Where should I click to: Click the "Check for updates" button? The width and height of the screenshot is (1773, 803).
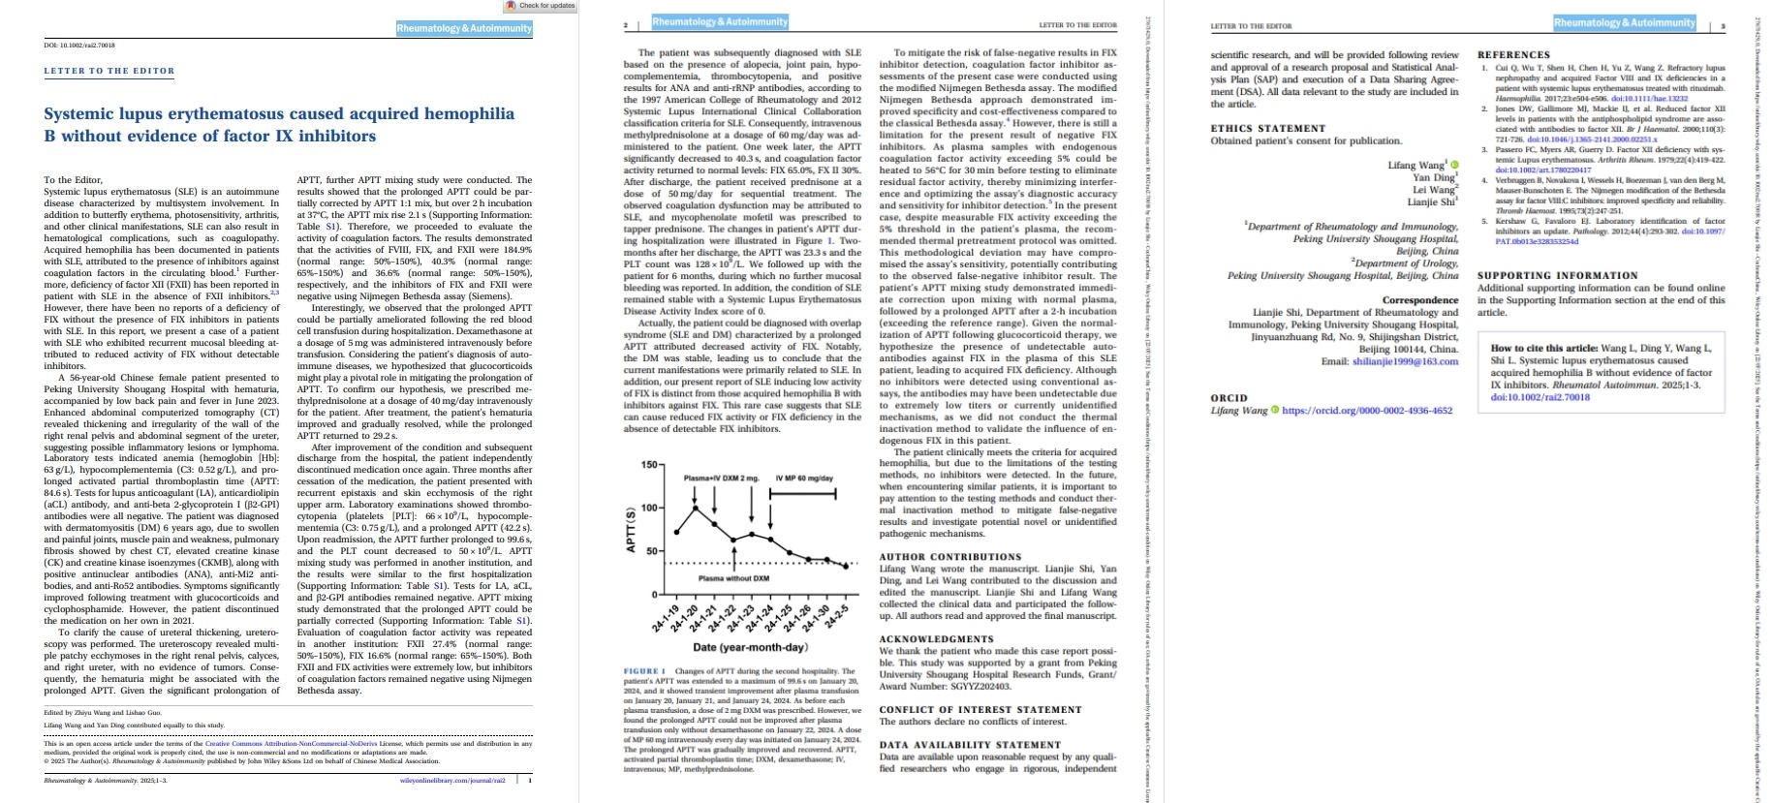543,6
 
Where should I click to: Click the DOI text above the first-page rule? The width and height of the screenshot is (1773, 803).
79,45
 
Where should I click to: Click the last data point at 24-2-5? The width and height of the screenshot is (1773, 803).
846,566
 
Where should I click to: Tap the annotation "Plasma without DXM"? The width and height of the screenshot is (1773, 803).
733,578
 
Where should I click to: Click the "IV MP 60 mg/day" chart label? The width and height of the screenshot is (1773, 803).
804,479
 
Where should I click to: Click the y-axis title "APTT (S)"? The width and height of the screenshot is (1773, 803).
631,531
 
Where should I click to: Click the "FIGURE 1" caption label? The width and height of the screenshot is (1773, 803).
644,671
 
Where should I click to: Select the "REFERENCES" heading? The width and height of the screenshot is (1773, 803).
1513,55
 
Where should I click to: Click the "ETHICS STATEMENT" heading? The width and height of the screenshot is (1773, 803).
1268,128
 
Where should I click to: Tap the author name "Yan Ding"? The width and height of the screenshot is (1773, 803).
1433,177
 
